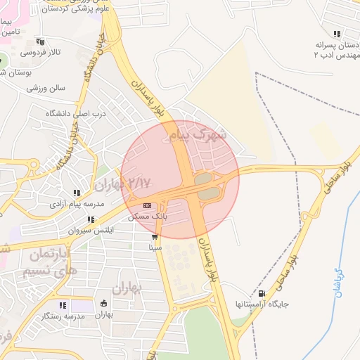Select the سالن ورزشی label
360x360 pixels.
[46, 89]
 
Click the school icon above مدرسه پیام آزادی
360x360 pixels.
[76, 193]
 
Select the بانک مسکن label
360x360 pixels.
[148, 217]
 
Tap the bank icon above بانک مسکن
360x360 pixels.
[147, 205]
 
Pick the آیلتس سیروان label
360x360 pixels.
[89, 231]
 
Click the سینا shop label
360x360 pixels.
[155, 248]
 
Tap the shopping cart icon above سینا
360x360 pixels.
[155, 238]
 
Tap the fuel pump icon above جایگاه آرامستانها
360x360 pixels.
[262, 294]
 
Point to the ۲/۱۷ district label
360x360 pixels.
[141, 184]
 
